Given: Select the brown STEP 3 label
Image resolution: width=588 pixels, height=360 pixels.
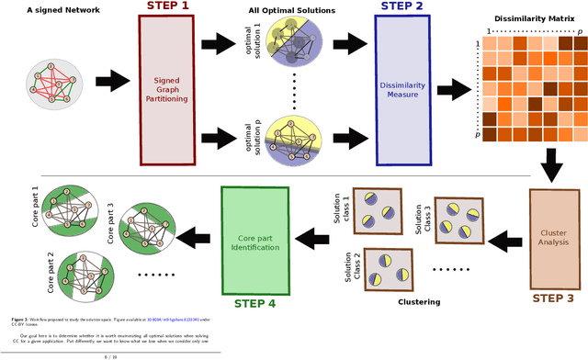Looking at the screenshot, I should (550, 298).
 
